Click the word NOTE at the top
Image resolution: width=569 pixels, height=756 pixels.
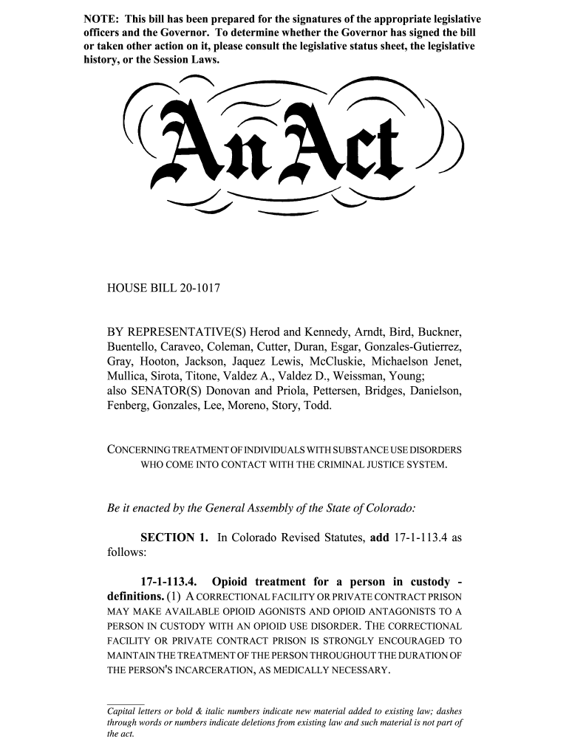[100, 18]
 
